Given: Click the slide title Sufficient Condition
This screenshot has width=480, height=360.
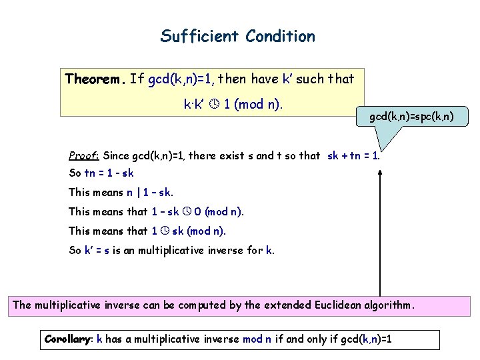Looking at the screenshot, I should click(237, 36).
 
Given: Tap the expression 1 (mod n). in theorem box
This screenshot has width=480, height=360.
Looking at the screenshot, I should click(253, 104).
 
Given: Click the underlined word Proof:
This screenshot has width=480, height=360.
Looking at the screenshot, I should click(84, 156).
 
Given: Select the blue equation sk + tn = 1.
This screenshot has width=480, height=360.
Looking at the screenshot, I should click(353, 156).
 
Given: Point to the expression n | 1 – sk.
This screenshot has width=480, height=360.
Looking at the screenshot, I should click(150, 192).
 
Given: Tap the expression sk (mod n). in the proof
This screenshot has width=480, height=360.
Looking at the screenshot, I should click(199, 231).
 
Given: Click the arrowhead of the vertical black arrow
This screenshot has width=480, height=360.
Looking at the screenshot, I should click(380, 172).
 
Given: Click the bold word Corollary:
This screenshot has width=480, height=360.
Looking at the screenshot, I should click(69, 339).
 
